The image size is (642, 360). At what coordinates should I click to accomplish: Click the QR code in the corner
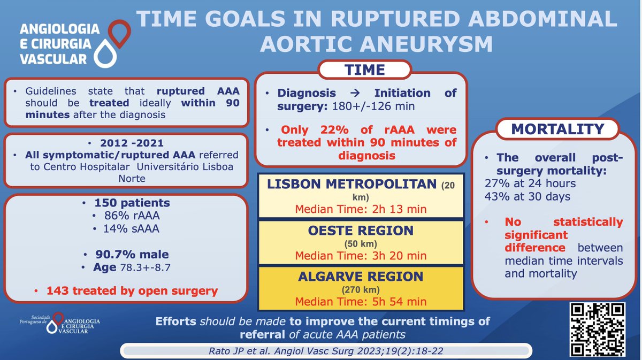click(x=597, y=330)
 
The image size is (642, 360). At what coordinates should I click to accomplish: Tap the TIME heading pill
click(x=365, y=70)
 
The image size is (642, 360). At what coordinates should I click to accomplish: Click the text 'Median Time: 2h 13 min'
click(x=361, y=209)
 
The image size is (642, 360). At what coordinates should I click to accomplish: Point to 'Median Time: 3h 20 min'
click(x=361, y=255)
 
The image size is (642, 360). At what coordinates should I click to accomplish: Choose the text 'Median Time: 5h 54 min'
click(x=361, y=302)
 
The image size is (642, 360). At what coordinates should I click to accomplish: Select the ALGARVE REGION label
click(x=361, y=277)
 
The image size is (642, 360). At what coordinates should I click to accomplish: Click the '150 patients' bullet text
click(x=132, y=203)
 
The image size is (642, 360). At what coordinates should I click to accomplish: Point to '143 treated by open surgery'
click(x=132, y=291)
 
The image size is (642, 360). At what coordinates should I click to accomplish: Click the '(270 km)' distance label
click(x=361, y=290)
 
